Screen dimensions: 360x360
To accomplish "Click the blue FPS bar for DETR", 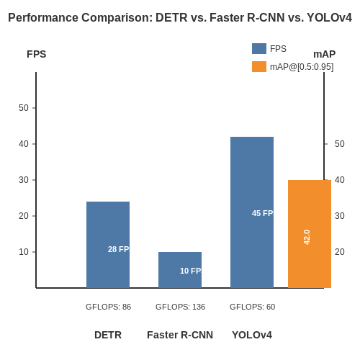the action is click(108, 245).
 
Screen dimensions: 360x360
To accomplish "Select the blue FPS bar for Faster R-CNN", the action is click(180, 270).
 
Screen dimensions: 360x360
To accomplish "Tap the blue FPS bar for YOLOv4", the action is click(252, 212).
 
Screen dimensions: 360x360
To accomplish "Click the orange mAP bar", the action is click(310, 234).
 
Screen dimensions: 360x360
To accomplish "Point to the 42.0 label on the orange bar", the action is click(307, 237).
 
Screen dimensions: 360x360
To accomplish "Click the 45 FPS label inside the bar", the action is click(263, 213).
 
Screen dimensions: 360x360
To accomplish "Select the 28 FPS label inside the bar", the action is click(119, 249).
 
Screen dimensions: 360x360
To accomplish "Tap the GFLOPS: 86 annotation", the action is click(108, 307).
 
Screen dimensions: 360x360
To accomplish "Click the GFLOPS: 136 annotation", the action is click(180, 307).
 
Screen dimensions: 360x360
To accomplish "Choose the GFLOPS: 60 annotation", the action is click(252, 307).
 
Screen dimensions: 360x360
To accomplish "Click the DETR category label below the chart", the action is click(108, 335).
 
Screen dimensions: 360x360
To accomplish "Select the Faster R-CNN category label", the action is click(180, 335).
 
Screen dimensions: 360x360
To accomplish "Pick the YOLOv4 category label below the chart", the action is click(252, 335).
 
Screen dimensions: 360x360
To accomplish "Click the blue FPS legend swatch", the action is click(259, 48).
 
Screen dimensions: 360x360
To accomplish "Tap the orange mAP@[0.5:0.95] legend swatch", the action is click(259, 66).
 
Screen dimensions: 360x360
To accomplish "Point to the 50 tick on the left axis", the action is click(24, 108).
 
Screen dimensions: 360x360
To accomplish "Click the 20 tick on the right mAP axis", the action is click(340, 252).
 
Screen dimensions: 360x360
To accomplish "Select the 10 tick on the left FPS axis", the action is click(24, 252).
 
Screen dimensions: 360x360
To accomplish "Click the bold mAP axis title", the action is click(325, 54).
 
